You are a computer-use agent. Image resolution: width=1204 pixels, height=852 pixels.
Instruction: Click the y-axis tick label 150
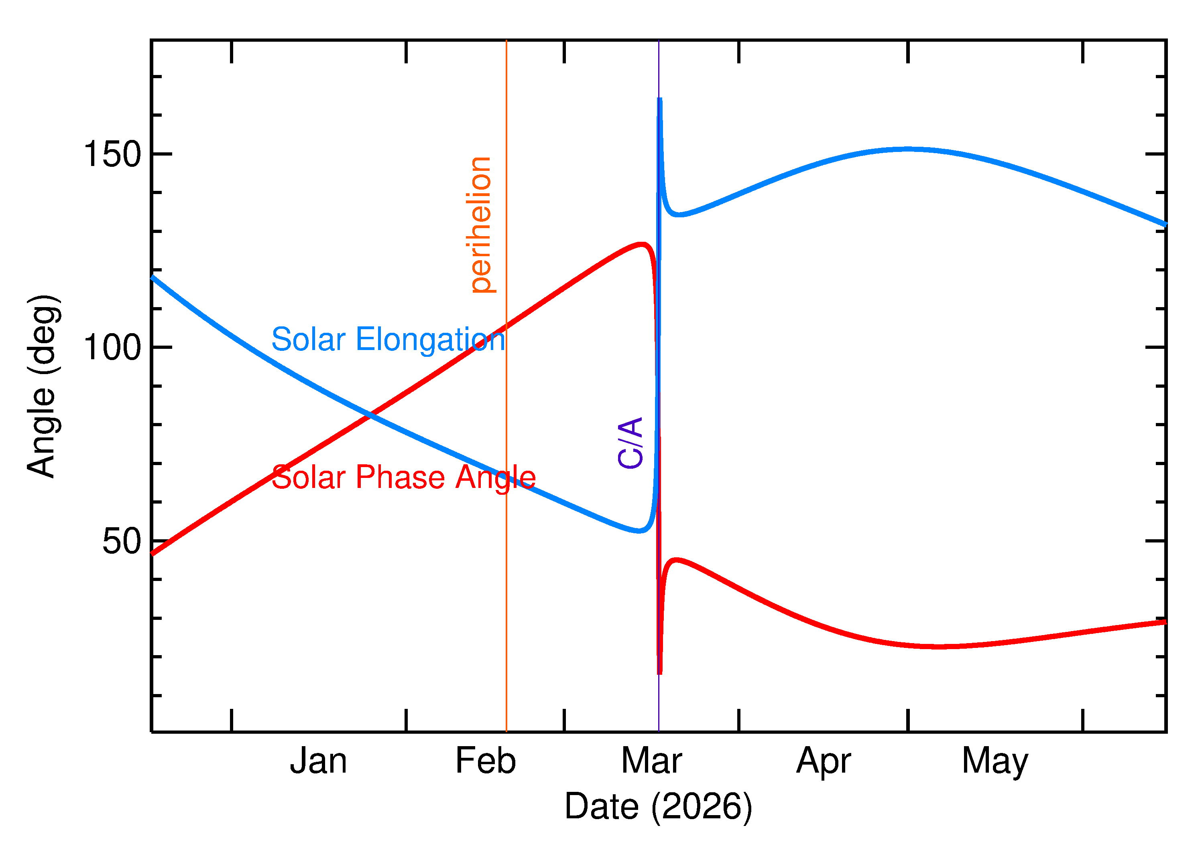click(112, 155)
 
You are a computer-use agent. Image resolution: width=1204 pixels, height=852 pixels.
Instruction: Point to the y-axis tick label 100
click(112, 347)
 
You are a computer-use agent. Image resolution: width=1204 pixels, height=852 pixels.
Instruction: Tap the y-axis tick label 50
click(122, 541)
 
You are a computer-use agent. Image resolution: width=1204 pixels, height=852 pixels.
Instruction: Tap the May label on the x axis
click(995, 762)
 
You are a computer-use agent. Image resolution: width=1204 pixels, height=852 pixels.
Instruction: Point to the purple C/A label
click(630, 442)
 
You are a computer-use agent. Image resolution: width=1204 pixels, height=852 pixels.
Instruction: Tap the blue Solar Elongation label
click(388, 340)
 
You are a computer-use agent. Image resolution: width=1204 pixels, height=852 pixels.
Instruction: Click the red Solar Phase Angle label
click(403, 478)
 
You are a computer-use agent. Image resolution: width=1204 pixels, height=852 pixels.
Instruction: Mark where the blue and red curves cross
click(371, 415)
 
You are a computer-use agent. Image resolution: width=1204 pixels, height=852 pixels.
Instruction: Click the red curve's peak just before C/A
click(642, 244)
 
